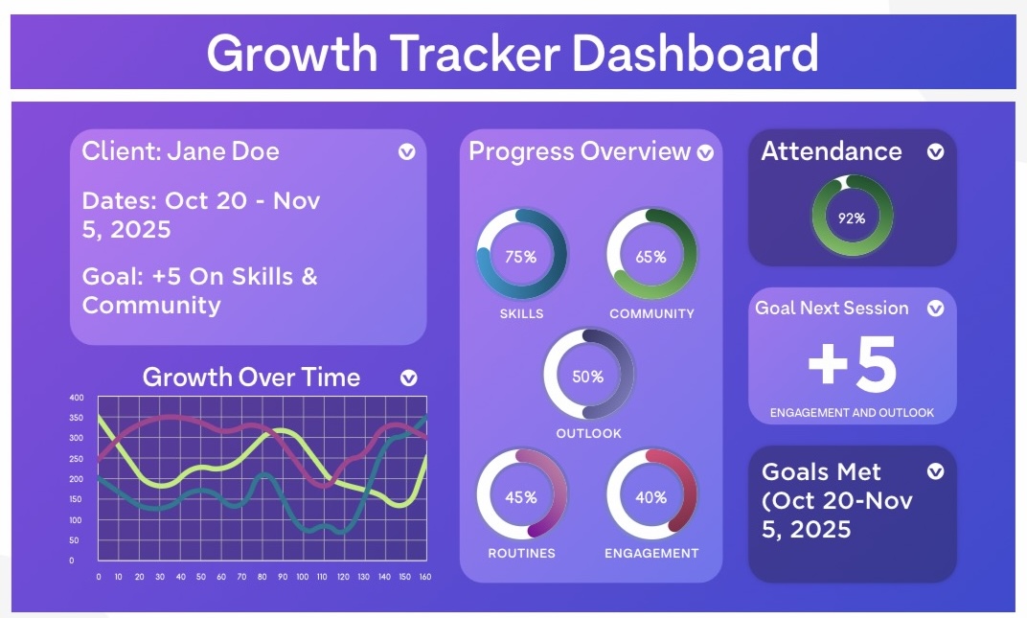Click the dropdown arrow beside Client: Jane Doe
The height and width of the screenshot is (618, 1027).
[x=407, y=152]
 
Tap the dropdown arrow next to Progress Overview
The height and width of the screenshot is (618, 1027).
[x=705, y=152]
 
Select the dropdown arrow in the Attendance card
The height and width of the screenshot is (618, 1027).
[x=935, y=152]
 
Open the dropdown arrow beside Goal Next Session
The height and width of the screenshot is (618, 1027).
[x=935, y=308]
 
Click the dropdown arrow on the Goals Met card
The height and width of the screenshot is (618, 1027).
[x=935, y=471]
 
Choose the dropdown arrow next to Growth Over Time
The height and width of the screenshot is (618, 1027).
[x=409, y=378]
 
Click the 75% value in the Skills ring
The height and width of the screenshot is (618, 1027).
[x=521, y=257]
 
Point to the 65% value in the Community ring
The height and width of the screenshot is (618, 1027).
[x=651, y=257]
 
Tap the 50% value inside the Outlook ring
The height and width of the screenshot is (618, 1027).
[x=588, y=377]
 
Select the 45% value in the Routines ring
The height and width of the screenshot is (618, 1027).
[x=521, y=498]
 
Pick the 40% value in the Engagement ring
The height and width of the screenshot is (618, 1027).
[x=651, y=498]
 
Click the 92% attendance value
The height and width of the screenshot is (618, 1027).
[x=852, y=218]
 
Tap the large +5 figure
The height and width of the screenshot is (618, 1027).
[x=852, y=364]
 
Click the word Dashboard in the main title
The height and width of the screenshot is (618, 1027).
[x=695, y=53]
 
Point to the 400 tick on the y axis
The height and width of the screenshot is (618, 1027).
[x=76, y=398]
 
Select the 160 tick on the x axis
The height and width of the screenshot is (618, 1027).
[x=425, y=578]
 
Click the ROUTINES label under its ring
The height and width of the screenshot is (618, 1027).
[x=521, y=553]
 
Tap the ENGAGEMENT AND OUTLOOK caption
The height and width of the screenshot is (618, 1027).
[x=852, y=413]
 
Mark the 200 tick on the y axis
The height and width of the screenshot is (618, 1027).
[x=76, y=479]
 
